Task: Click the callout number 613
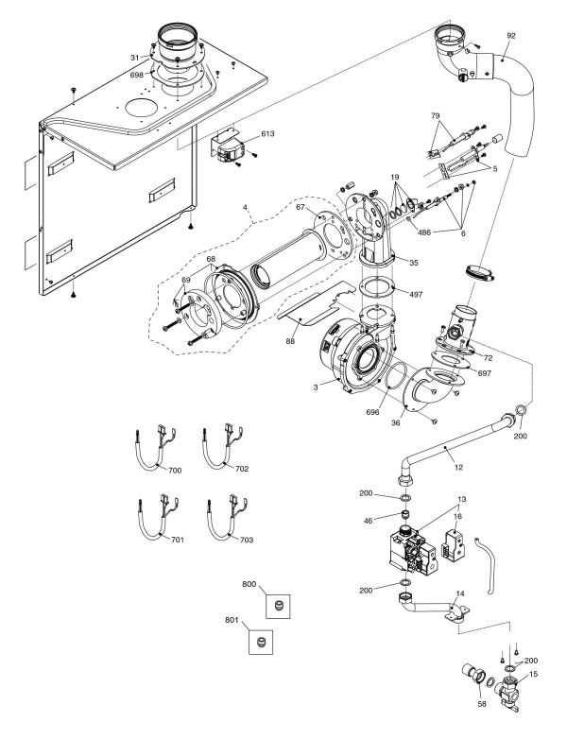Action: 268,134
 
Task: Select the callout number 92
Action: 510,37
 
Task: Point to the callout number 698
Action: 138,73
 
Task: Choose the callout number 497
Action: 415,294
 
